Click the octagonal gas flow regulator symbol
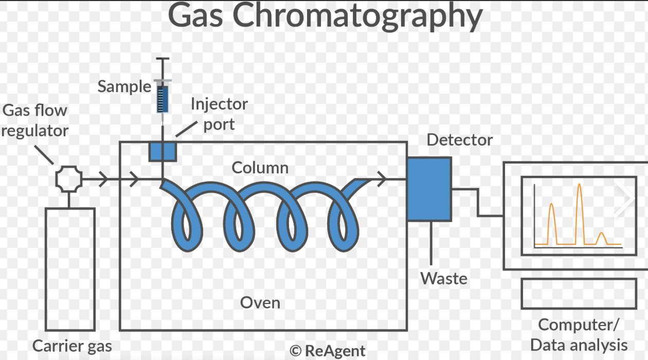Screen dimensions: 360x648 69,179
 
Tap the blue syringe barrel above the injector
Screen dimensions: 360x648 163,99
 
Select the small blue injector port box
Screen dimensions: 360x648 163,151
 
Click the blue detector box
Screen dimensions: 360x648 429,189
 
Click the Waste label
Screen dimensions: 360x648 444,278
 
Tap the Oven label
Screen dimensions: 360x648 260,302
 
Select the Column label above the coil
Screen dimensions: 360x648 260,168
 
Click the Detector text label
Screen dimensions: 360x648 460,140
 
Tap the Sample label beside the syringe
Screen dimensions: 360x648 124,86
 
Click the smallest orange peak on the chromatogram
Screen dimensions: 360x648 602,239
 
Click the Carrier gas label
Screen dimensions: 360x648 72,346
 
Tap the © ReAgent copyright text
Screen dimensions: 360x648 328,351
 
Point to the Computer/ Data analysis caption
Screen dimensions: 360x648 579,334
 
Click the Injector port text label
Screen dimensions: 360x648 219,114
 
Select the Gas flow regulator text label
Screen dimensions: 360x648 35,120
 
